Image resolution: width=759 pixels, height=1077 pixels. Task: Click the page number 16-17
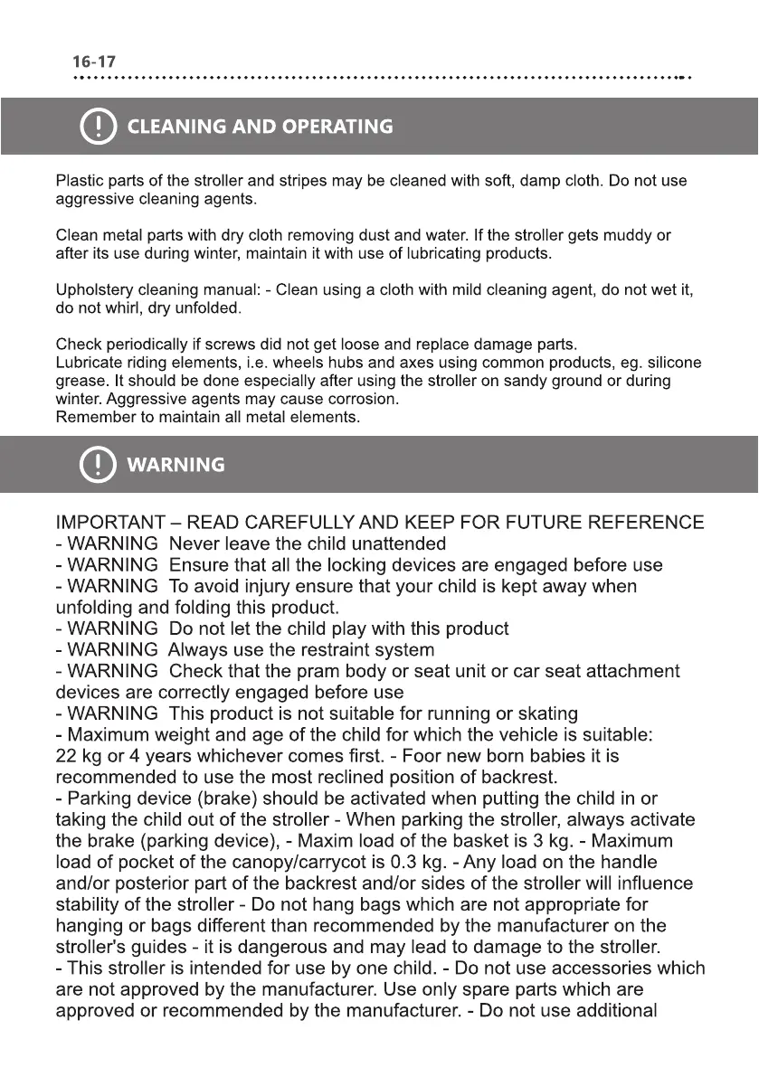(93, 62)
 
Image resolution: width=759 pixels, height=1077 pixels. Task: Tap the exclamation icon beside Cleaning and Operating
(98, 127)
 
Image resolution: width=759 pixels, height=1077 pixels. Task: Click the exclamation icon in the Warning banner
(98, 465)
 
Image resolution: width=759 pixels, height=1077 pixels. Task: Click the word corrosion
(367, 399)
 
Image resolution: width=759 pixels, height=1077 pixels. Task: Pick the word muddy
(626, 236)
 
